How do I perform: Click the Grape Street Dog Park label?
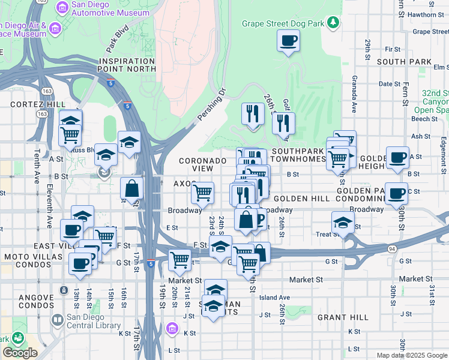coord(283,23)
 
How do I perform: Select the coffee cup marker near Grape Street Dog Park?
coord(288,41)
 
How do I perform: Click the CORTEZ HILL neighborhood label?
coord(38,104)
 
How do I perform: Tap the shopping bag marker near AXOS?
coord(132,188)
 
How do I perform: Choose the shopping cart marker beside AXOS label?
coord(202,193)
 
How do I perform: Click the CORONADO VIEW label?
coord(203,164)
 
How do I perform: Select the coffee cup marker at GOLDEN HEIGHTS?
coord(397,157)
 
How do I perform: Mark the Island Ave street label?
coord(274,298)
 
